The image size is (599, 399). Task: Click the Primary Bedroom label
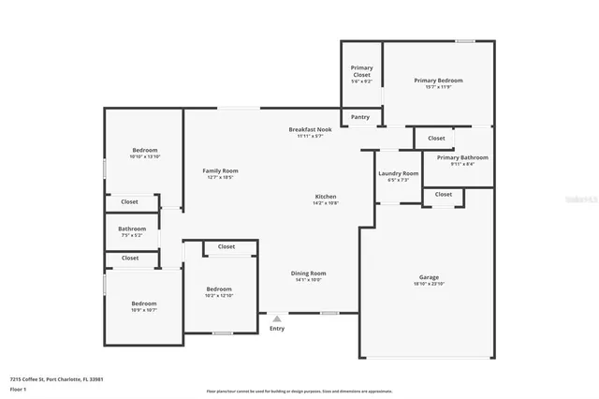438,81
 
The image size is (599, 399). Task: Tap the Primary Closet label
361,71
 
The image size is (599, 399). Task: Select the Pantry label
360,117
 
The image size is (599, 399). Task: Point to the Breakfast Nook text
310,129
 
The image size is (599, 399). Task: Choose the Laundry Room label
398,173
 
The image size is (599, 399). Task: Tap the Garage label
429,277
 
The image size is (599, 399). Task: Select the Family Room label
221,170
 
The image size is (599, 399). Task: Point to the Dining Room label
308,273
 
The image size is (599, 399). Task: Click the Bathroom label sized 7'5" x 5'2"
132,229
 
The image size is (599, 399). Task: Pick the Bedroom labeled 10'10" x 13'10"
144,150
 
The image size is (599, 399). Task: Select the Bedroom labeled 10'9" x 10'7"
144,303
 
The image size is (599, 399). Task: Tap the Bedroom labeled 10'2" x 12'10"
219,289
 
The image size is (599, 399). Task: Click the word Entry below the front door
277,329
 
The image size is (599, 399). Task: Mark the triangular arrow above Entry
277,318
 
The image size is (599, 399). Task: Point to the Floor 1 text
19,388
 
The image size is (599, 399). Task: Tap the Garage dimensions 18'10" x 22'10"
429,284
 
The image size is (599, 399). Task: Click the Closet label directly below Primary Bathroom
444,195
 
